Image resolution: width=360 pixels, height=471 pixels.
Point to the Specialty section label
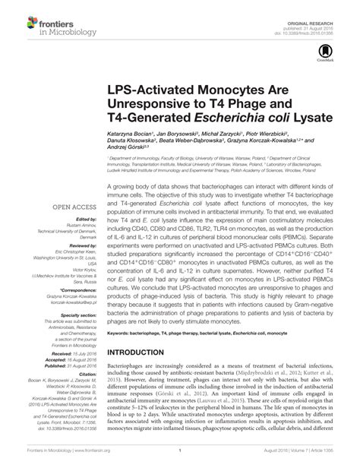[x=73, y=314]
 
